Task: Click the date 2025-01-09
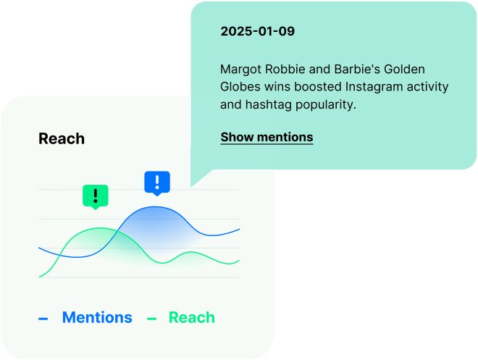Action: (257, 32)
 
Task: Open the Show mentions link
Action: (267, 137)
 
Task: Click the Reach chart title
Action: (62, 138)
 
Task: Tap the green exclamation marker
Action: (95, 195)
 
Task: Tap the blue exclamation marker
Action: (157, 183)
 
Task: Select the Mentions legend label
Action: (97, 317)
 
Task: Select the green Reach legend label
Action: (191, 317)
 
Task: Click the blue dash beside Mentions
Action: (43, 318)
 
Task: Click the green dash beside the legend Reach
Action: (152, 318)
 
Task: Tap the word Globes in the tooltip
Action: (240, 87)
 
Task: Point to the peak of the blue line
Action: (155, 207)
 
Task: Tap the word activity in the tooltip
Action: (427, 87)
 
